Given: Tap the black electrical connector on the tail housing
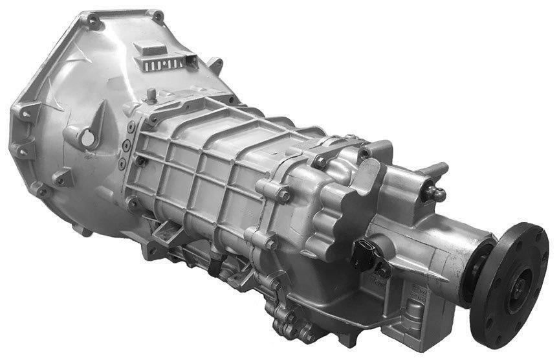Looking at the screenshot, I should pos(364,249).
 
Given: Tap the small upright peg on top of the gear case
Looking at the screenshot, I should pos(151,95).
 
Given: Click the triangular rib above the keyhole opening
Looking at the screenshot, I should pos(97,117).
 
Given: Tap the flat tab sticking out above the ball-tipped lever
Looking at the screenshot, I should pos(437,170).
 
